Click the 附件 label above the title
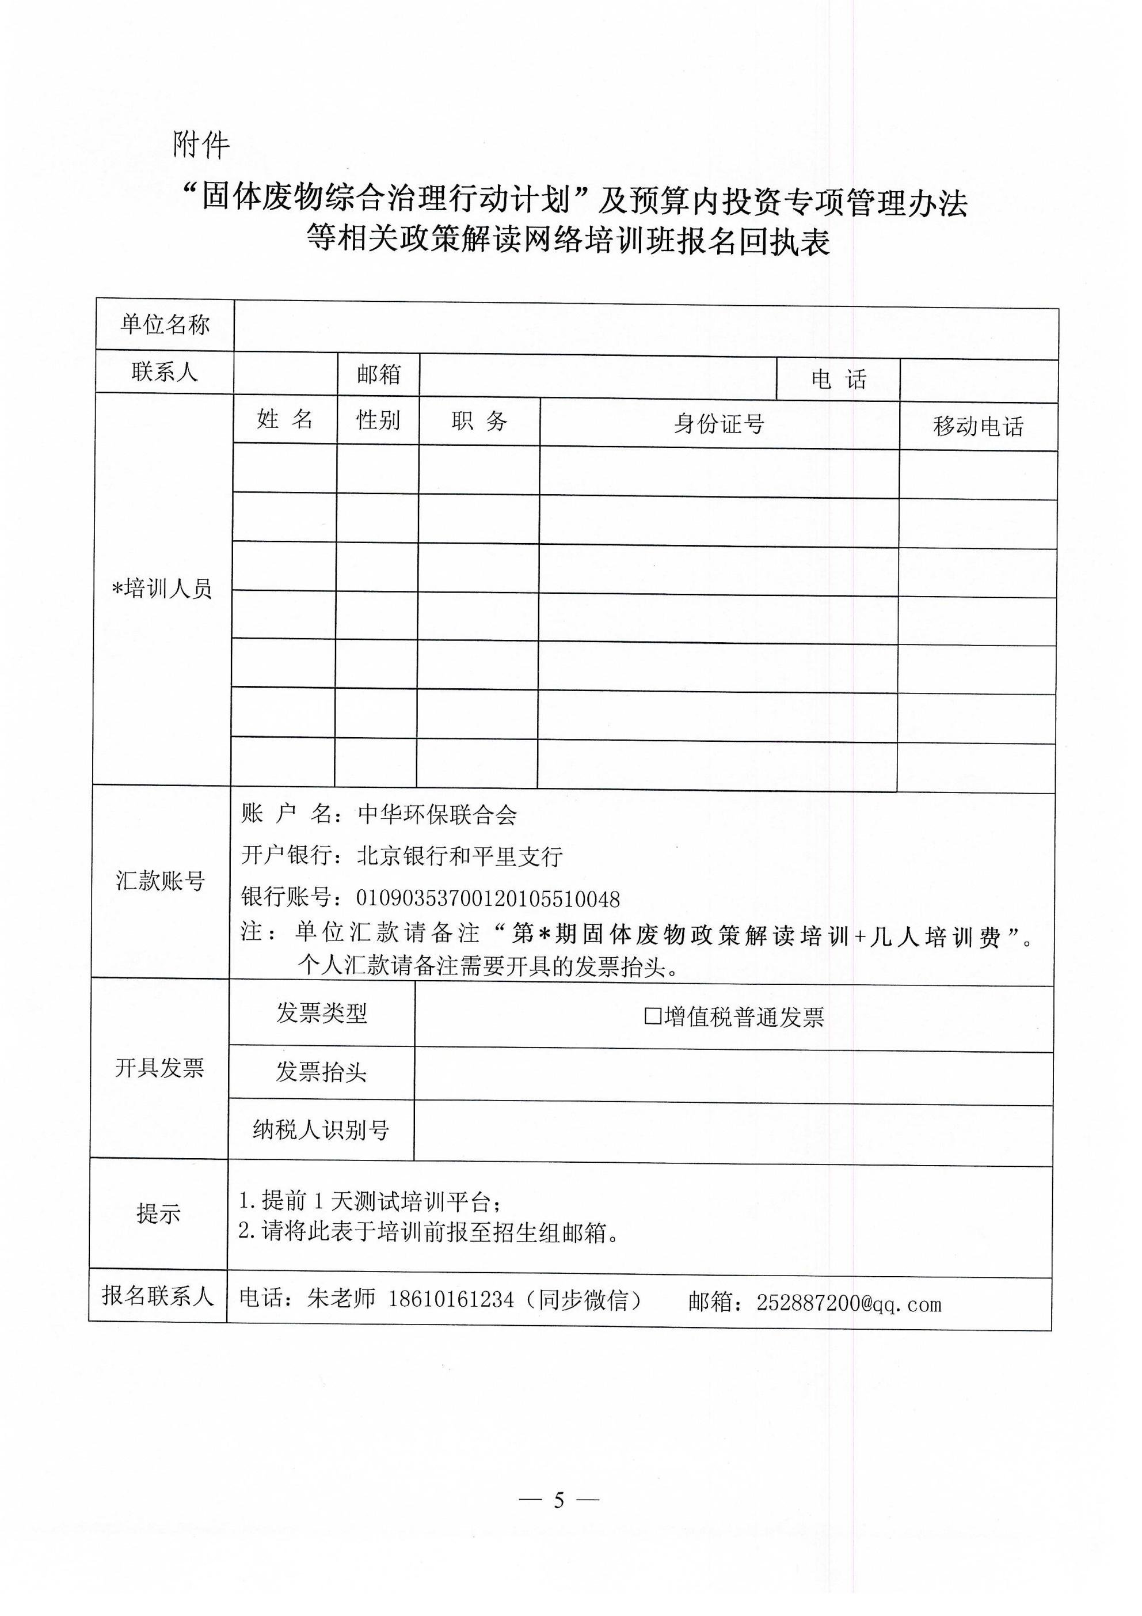point(201,145)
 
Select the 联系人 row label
point(165,371)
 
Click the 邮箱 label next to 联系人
point(379,374)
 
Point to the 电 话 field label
point(838,380)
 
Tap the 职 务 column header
point(479,422)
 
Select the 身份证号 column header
point(719,424)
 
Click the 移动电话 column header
point(978,427)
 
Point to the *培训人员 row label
point(162,589)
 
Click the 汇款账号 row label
point(161,881)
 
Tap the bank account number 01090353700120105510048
point(488,899)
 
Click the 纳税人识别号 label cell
point(321,1130)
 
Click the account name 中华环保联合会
point(437,815)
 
